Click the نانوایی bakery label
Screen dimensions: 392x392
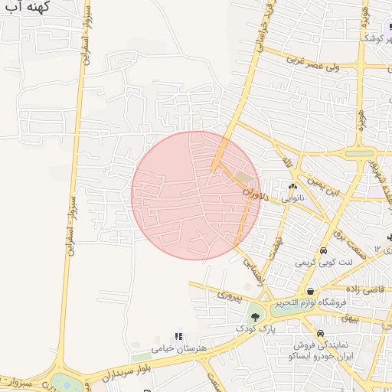pos(292,198)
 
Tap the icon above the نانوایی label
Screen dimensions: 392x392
pos(292,186)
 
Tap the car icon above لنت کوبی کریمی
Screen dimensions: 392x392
pos(324,251)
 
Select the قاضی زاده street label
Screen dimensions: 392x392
pos(364,289)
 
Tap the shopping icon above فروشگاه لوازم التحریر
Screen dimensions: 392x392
pos(310,291)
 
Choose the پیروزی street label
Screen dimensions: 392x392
pos(230,294)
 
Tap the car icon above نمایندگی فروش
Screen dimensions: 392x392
pos(320,334)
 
